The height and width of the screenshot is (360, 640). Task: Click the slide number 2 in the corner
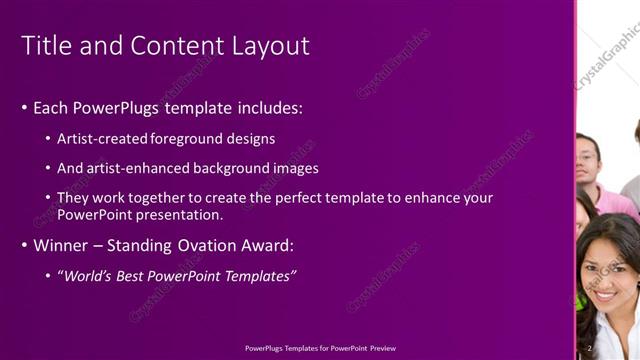pyautogui.click(x=590, y=347)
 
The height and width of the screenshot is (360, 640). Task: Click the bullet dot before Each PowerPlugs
pyautogui.click(x=24, y=108)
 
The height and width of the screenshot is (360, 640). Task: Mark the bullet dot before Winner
pyautogui.click(x=24, y=245)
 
